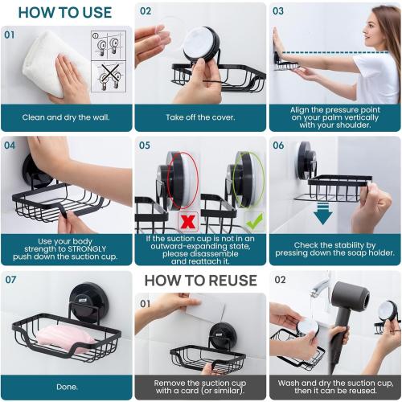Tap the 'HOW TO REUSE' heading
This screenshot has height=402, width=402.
coord(200,281)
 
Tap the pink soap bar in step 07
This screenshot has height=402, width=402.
coord(60,337)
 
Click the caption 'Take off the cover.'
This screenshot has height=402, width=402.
coord(200,117)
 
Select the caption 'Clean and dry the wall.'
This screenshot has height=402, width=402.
coord(66,117)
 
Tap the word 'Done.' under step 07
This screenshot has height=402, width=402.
coord(66,386)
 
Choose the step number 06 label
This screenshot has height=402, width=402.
coord(278,146)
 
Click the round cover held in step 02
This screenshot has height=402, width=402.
coord(198,43)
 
